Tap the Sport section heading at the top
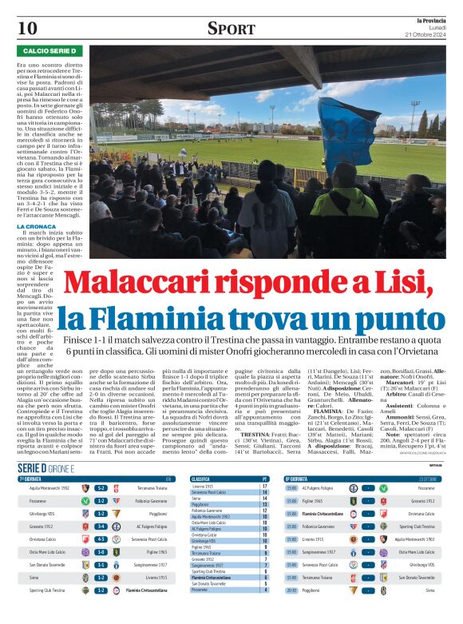[x=231, y=29]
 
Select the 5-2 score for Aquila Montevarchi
[x=101, y=487]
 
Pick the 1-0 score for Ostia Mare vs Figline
[x=101, y=552]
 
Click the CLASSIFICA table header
[x=200, y=479]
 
